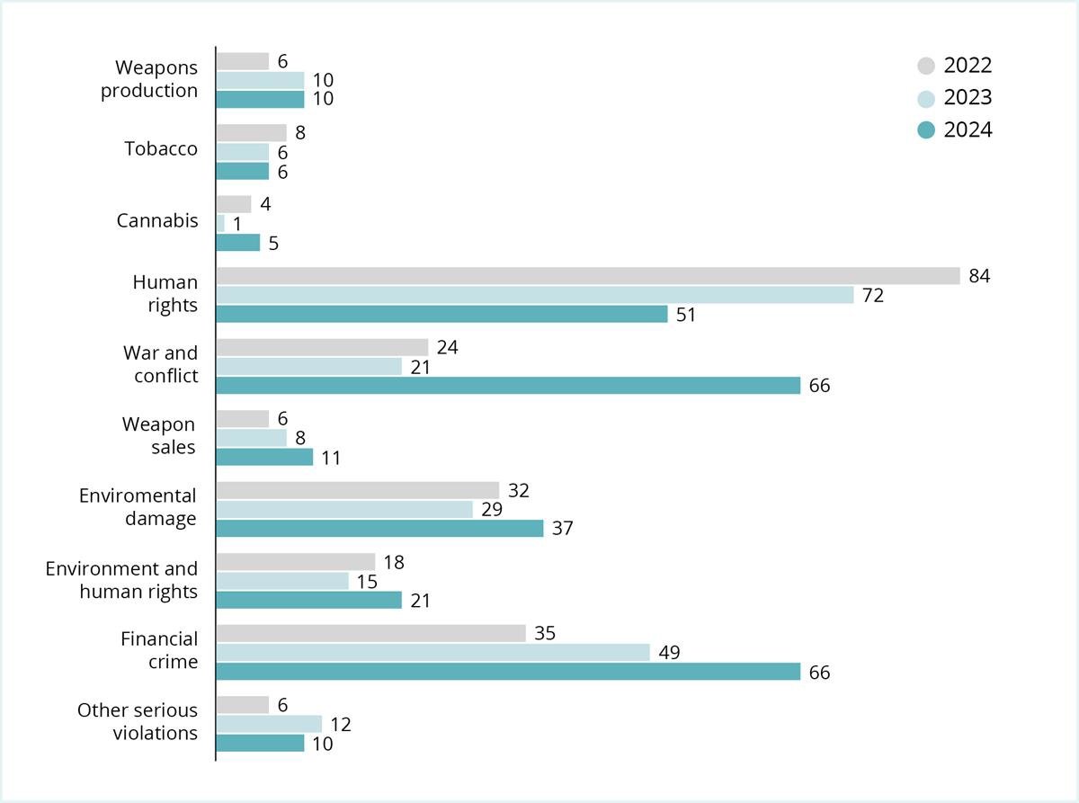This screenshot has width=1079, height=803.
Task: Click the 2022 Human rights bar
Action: (588, 276)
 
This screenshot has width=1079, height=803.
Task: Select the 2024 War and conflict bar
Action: (508, 386)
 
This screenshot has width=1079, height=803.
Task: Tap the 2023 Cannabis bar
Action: (220, 223)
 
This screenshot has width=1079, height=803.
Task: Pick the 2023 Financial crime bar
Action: (432, 653)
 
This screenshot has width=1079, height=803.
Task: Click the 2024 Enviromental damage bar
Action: (379, 529)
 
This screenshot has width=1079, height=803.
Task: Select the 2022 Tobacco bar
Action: (251, 133)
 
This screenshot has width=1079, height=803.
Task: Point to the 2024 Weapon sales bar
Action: (264, 457)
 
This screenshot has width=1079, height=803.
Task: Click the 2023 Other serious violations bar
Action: (269, 724)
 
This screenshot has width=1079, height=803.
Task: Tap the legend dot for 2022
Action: (926, 66)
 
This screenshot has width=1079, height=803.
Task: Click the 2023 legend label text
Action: (968, 98)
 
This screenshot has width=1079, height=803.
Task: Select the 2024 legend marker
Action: (926, 130)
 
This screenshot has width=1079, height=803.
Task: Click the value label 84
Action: (979, 276)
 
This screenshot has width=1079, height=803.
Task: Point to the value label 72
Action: (872, 295)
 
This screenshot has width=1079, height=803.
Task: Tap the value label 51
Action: (686, 315)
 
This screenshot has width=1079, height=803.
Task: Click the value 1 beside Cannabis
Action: (237, 224)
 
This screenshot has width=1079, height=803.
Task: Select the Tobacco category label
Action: (161, 149)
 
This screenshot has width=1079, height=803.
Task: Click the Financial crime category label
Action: (159, 650)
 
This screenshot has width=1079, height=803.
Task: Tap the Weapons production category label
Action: (149, 79)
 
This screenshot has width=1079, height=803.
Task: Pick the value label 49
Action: (668, 653)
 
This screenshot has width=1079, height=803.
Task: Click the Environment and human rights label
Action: (121, 580)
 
